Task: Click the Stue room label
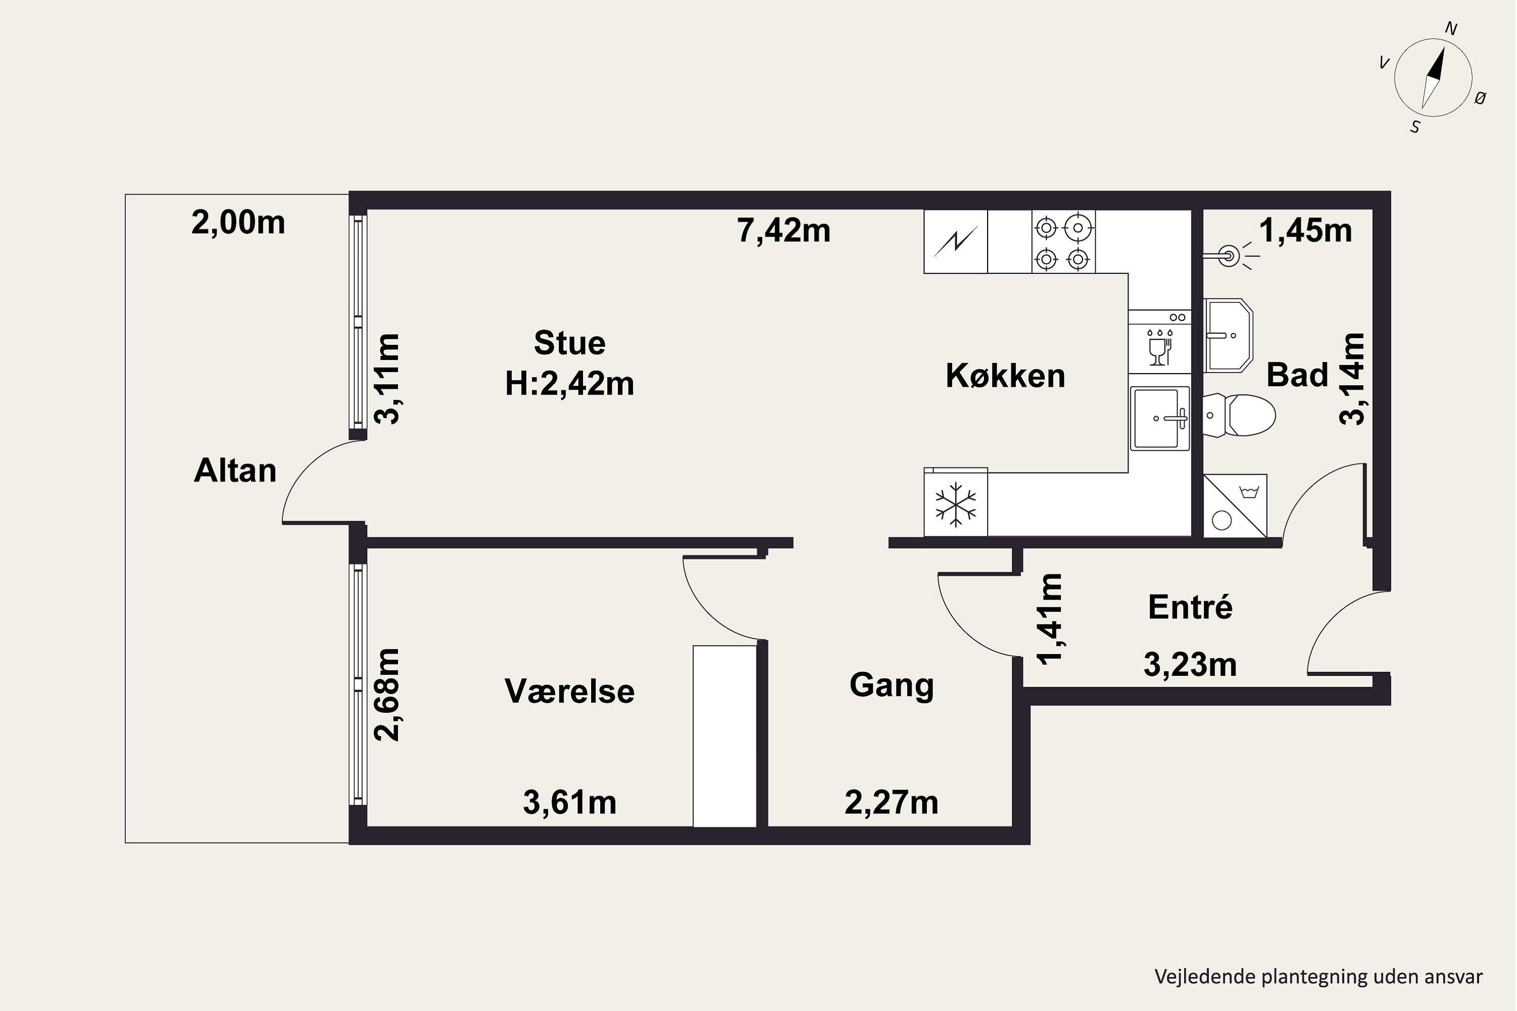click(569, 343)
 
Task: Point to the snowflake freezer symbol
click(955, 503)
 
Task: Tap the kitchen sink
click(1159, 419)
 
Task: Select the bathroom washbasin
click(1227, 335)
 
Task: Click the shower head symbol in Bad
click(1229, 256)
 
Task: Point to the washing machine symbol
click(1234, 506)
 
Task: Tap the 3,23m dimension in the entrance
click(1190, 665)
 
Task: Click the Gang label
click(891, 685)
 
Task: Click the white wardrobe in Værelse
click(724, 736)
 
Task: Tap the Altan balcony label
click(236, 471)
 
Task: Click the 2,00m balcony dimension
click(238, 223)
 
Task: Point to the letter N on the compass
click(1451, 29)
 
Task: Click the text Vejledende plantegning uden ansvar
click(1318, 976)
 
